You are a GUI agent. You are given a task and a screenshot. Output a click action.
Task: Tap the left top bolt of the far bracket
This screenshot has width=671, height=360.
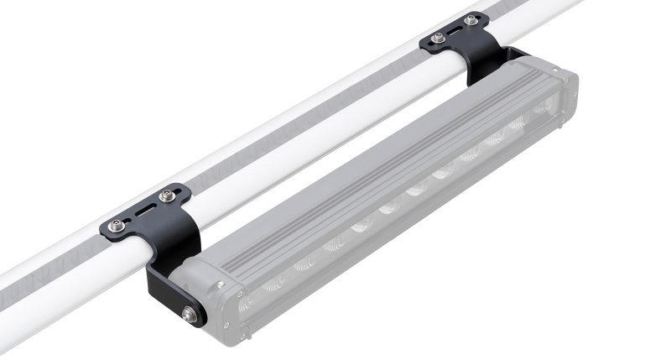(x=440, y=37)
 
